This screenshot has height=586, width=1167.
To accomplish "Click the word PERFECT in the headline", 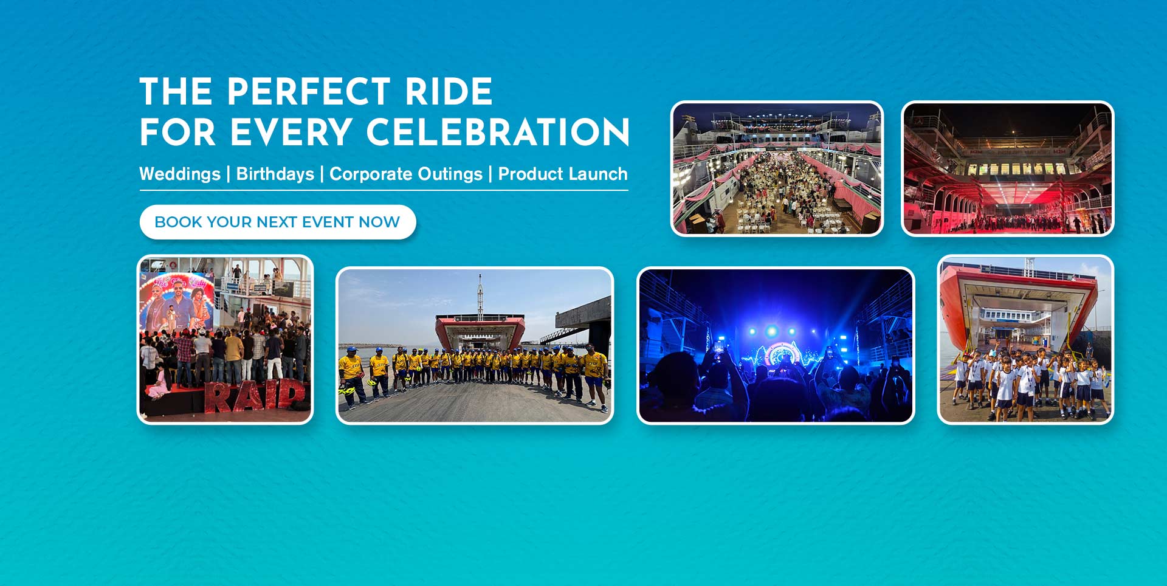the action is pyautogui.click(x=308, y=92).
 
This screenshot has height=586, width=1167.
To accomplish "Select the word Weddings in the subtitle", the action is pyautogui.click(x=180, y=174).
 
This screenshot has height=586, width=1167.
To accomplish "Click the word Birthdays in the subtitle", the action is pyautogui.click(x=275, y=174).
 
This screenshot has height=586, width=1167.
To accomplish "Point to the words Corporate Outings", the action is pyautogui.click(x=406, y=174).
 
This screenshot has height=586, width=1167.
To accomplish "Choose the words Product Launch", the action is pyautogui.click(x=563, y=174).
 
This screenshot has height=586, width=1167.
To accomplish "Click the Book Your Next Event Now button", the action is pyautogui.click(x=278, y=222).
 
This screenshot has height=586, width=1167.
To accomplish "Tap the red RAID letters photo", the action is pyautogui.click(x=225, y=339).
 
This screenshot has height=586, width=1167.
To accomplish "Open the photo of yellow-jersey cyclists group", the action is pyautogui.click(x=475, y=345).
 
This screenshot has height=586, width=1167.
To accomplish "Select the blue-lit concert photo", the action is pyautogui.click(x=776, y=345).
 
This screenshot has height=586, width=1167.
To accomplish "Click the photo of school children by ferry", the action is pyautogui.click(x=1025, y=339).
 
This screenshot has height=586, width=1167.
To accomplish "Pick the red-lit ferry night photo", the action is pyautogui.click(x=1008, y=168).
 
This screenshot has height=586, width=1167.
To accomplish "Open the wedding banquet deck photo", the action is pyautogui.click(x=777, y=168).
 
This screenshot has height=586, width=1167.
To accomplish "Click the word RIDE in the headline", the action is pyautogui.click(x=449, y=92).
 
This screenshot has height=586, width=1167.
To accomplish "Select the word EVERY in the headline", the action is pyautogui.click(x=291, y=133).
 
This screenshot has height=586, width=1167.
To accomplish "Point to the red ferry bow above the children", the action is pyautogui.click(x=1021, y=298).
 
